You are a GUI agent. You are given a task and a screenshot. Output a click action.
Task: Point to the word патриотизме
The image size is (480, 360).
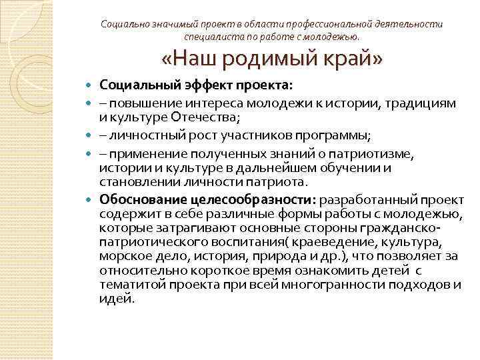coord(392,154)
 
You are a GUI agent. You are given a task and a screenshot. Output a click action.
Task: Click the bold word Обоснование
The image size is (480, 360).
coord(143,199)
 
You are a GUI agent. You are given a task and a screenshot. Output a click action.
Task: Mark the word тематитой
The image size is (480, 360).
coord(129,285)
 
